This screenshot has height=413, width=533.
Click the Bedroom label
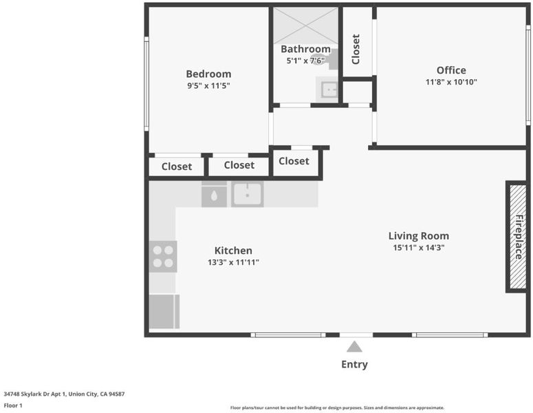[208, 74]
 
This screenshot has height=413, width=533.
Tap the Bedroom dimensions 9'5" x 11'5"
[208, 85]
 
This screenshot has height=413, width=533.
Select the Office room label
[451, 70]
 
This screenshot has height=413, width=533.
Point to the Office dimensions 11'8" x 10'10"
[451, 82]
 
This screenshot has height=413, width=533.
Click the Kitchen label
[233, 251]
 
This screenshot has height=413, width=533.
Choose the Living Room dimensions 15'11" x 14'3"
[418, 248]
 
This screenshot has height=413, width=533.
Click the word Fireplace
[519, 237]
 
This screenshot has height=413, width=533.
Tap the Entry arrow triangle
[354, 347]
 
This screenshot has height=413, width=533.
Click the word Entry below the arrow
[354, 364]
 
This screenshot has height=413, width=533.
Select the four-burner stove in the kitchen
[163, 257]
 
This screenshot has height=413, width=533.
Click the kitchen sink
[247, 194]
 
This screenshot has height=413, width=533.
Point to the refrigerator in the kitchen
[164, 312]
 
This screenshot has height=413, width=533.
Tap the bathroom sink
[327, 89]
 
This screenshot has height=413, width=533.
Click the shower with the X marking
[305, 26]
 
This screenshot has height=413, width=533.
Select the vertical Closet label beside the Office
[356, 49]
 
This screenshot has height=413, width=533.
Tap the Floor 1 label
[13, 405]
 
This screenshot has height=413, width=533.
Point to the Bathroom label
[305, 49]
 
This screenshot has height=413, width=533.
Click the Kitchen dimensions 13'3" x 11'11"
[233, 262]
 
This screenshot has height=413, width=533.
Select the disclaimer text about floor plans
[337, 407]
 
